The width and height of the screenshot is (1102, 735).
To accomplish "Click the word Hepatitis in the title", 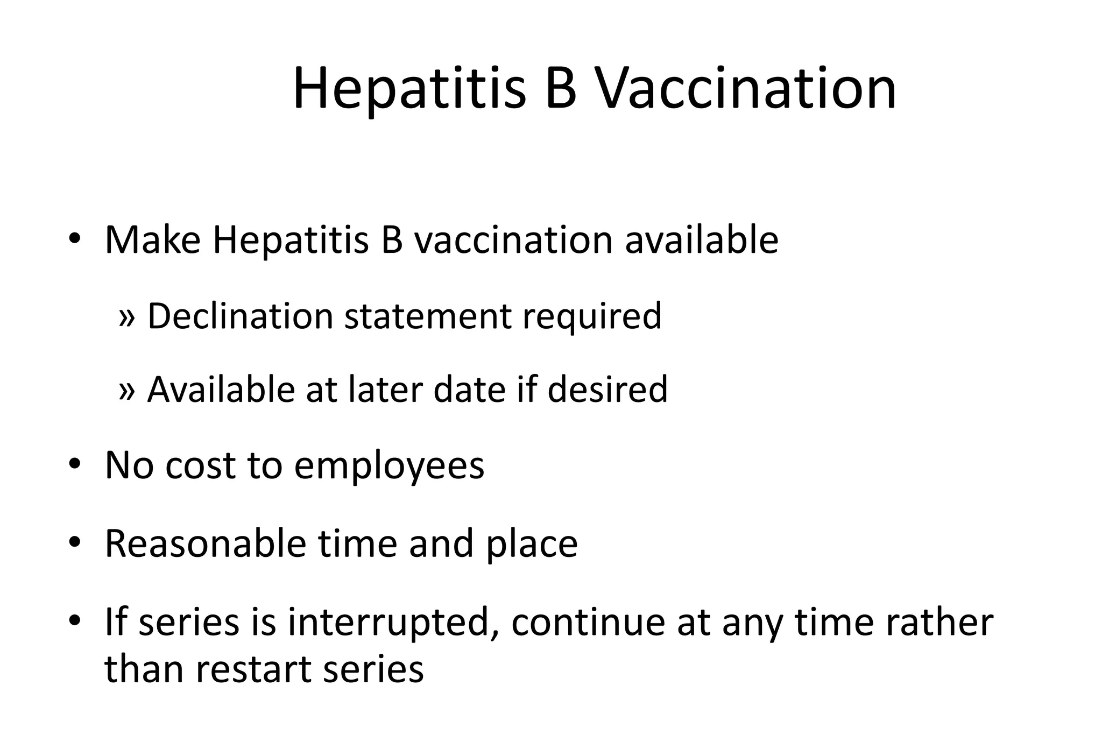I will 409,89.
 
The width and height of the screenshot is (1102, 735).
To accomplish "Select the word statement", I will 428,317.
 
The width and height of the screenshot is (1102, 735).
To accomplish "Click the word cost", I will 200,466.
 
